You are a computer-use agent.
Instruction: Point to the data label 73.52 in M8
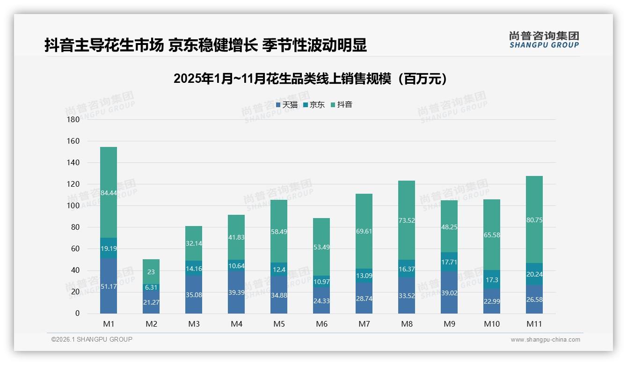tap(407, 220)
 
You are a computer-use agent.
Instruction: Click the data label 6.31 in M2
tap(151, 287)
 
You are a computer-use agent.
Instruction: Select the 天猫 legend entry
tap(287, 105)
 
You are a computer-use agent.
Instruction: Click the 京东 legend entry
tap(314, 105)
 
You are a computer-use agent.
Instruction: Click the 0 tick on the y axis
tap(77, 314)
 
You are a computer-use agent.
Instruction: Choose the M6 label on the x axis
tap(321, 324)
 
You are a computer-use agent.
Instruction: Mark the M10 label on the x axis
tap(492, 324)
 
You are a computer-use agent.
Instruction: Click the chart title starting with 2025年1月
tap(310, 79)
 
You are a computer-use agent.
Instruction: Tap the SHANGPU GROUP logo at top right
tap(544, 40)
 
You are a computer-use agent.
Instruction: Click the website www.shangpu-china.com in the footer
tap(545, 340)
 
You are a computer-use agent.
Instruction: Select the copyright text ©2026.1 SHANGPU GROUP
tap(92, 339)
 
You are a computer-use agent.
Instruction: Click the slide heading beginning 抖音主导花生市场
tap(205, 45)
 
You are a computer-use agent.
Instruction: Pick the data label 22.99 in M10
tap(491, 302)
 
